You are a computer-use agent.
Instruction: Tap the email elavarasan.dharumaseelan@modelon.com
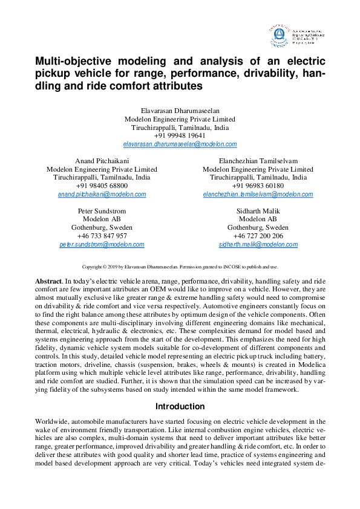click(x=180, y=144)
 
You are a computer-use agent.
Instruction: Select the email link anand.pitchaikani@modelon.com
click(x=102, y=195)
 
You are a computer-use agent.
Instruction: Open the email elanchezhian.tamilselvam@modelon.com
click(x=258, y=195)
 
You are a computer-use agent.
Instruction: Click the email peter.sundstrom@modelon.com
click(x=102, y=244)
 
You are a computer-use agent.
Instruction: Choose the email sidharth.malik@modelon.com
click(x=258, y=244)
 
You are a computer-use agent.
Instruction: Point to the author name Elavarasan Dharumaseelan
click(x=180, y=111)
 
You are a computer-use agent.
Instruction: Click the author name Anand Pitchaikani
click(x=102, y=161)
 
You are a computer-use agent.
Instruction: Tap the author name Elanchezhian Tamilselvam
click(x=258, y=161)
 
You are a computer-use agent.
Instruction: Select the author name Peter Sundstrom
click(x=102, y=210)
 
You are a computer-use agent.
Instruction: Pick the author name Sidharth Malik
click(x=258, y=210)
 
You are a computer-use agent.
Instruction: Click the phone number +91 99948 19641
click(x=180, y=136)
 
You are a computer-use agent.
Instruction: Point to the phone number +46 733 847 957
click(x=102, y=236)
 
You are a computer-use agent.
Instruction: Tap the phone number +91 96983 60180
click(x=258, y=186)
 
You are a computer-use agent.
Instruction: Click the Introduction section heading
click(x=180, y=406)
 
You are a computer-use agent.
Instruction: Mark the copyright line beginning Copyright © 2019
click(x=180, y=266)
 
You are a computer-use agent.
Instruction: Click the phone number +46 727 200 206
click(x=258, y=236)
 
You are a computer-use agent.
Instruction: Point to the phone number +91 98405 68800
click(x=102, y=186)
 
